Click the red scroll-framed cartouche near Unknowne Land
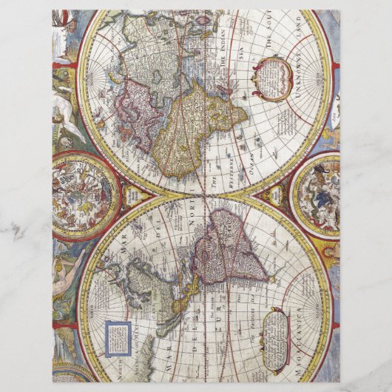(x=274, y=77)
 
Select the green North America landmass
(x=148, y=282)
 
